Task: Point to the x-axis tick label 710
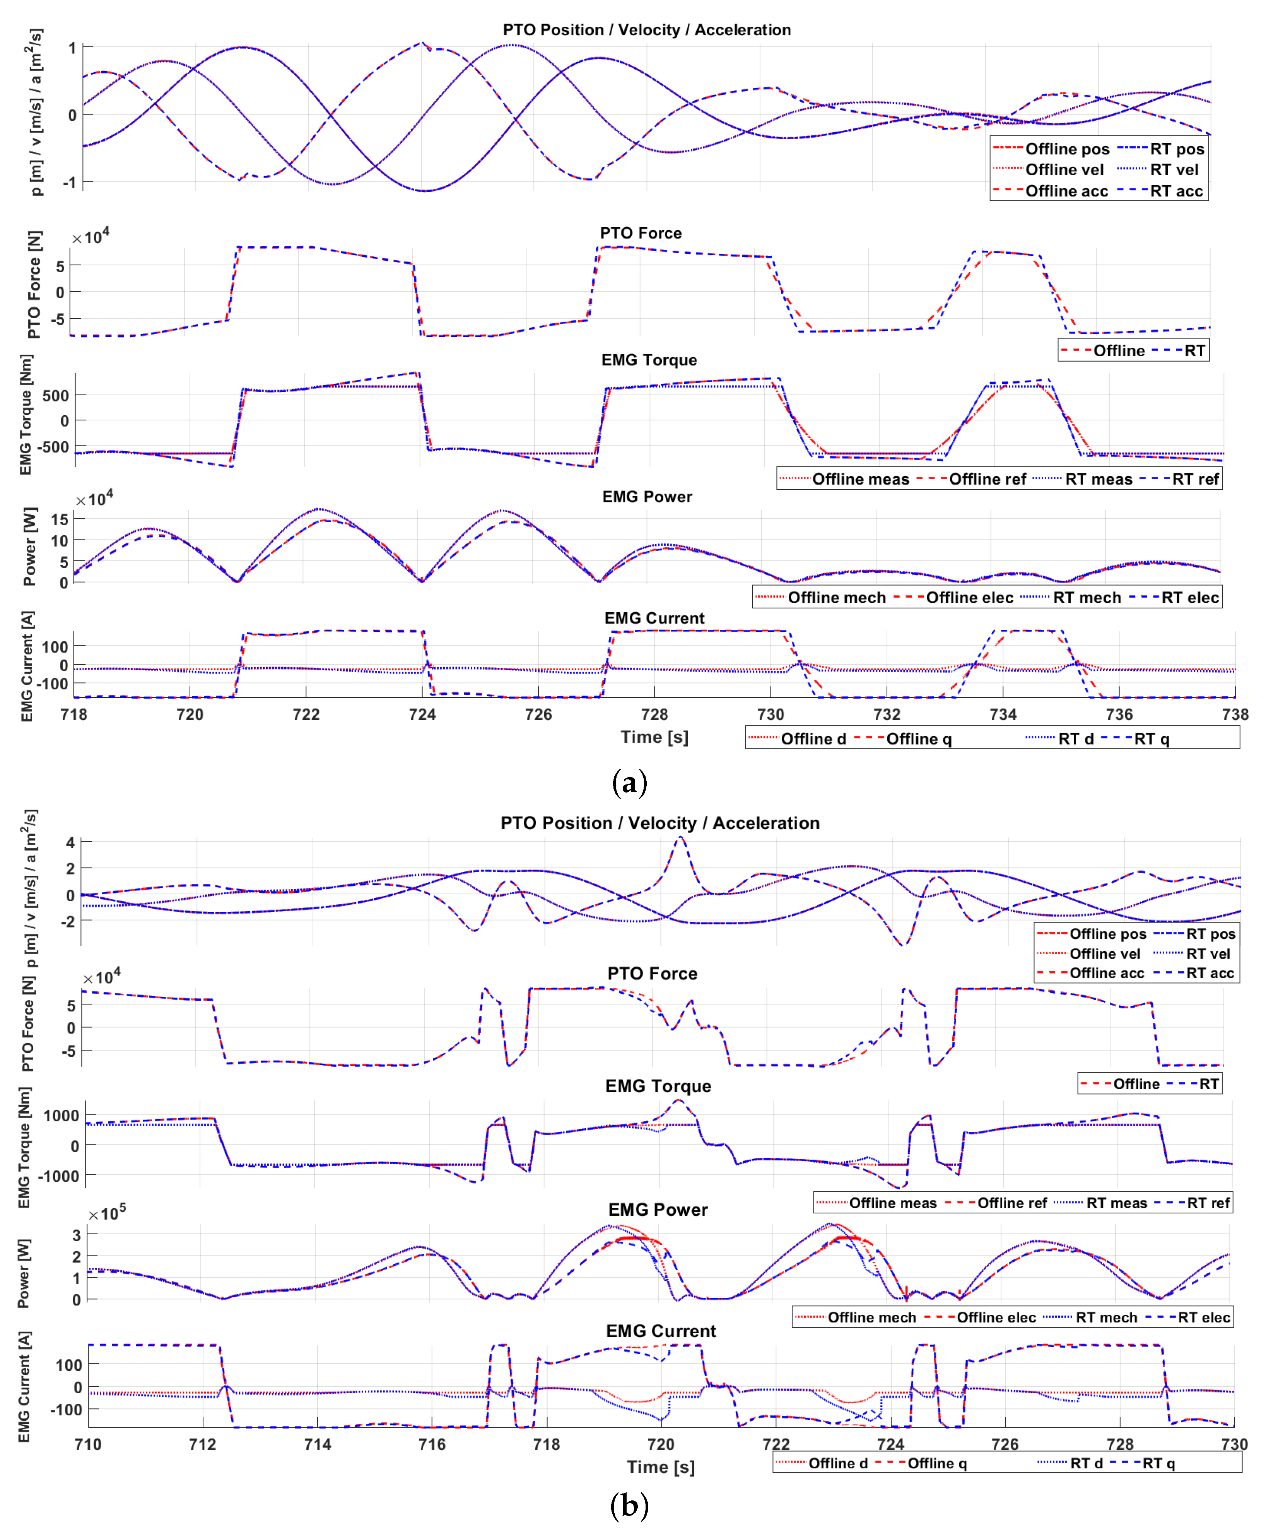click(x=87, y=1444)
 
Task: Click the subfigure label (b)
click(x=629, y=1505)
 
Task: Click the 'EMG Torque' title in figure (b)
click(x=658, y=1086)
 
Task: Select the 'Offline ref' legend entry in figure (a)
click(x=987, y=479)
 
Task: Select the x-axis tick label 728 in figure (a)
click(x=654, y=714)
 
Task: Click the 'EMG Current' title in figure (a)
click(x=654, y=618)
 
